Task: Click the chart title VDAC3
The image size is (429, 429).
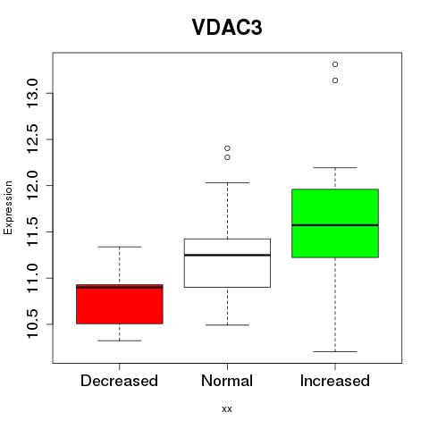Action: point(227,28)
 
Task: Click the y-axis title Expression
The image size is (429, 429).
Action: point(8,207)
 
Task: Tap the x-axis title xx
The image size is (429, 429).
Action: point(227,408)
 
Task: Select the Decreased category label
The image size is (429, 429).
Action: point(119,381)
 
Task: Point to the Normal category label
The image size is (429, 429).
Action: point(227,381)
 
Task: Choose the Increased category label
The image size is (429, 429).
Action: point(335,381)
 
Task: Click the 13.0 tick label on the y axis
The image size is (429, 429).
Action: point(32,93)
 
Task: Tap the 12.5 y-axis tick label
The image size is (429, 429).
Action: point(32,139)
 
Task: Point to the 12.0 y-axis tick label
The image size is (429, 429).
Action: point(32,185)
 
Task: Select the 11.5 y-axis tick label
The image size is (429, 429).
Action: point(32,231)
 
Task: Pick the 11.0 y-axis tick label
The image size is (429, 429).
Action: point(32,278)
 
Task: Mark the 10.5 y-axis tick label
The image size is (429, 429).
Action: point(32,324)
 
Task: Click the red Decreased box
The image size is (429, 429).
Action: point(120,304)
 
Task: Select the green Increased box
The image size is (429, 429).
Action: point(335,223)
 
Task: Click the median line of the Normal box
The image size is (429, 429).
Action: point(227,255)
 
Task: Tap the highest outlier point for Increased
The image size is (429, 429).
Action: point(335,64)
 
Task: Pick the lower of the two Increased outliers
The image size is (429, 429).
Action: point(335,80)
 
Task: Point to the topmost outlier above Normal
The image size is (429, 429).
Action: point(227,148)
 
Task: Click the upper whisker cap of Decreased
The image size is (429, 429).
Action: point(120,247)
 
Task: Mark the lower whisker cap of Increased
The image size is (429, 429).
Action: point(335,351)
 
